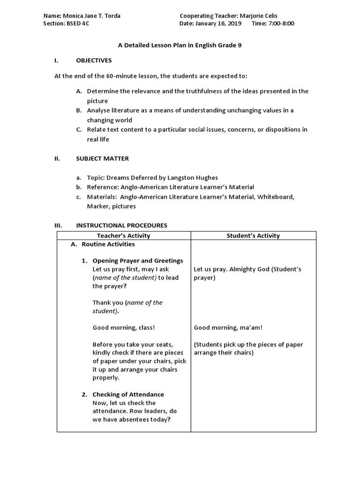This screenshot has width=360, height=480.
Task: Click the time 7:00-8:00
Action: coord(282,23)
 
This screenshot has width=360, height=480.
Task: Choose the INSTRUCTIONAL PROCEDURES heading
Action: coord(121,225)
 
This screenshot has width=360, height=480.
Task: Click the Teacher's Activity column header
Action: coord(123,236)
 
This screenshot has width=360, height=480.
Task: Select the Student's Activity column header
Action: coord(253,236)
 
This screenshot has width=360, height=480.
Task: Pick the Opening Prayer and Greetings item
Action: coord(137,261)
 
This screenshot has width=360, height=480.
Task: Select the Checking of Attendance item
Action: coord(128,394)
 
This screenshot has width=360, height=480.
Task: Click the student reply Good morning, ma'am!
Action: coord(225,328)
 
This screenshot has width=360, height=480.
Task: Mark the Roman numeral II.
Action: coord(57,158)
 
